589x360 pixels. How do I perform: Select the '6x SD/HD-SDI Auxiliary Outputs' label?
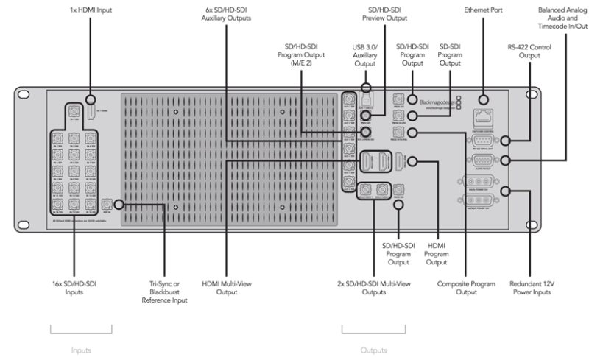coord(225,15)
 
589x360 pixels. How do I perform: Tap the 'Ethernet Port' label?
coord(484,12)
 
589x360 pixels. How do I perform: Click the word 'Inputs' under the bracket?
coord(81,350)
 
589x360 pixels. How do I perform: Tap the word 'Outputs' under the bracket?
coord(373,350)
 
